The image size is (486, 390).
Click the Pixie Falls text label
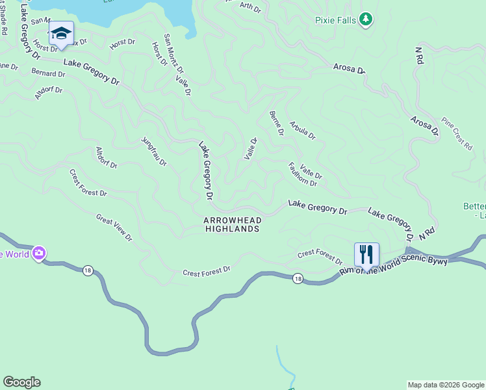tap(335, 20)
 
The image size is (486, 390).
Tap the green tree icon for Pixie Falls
tap(366, 19)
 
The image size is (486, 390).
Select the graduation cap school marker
tap(61, 34)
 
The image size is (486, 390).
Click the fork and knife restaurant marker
tap(366, 254)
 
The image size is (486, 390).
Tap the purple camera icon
tap(39, 253)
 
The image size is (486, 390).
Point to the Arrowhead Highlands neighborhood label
tap(233, 224)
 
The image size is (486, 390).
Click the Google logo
tap(21, 382)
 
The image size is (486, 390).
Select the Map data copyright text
tap(446, 385)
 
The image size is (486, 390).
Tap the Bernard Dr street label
tap(48, 73)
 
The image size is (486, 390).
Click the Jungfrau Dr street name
tap(154, 151)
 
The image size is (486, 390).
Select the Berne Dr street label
tap(276, 123)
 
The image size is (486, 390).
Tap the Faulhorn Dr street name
tap(302, 174)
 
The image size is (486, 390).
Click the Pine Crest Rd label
tap(457, 134)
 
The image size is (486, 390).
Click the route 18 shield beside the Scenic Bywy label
tap(298, 278)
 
